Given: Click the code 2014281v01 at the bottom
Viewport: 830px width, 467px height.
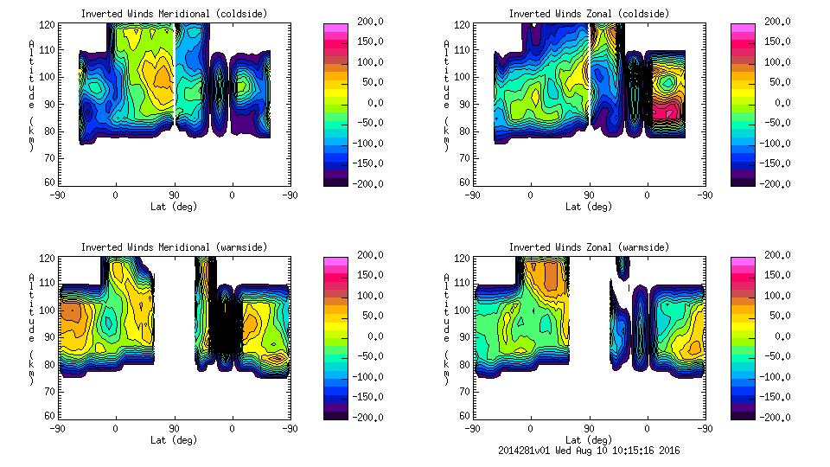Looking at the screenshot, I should tap(525, 450).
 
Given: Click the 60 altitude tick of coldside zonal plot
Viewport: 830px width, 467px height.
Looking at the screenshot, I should tap(464, 182).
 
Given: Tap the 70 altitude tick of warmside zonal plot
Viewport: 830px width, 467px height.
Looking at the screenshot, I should tap(464, 391).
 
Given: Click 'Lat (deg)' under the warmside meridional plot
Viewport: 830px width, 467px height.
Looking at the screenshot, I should tap(174, 439).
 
